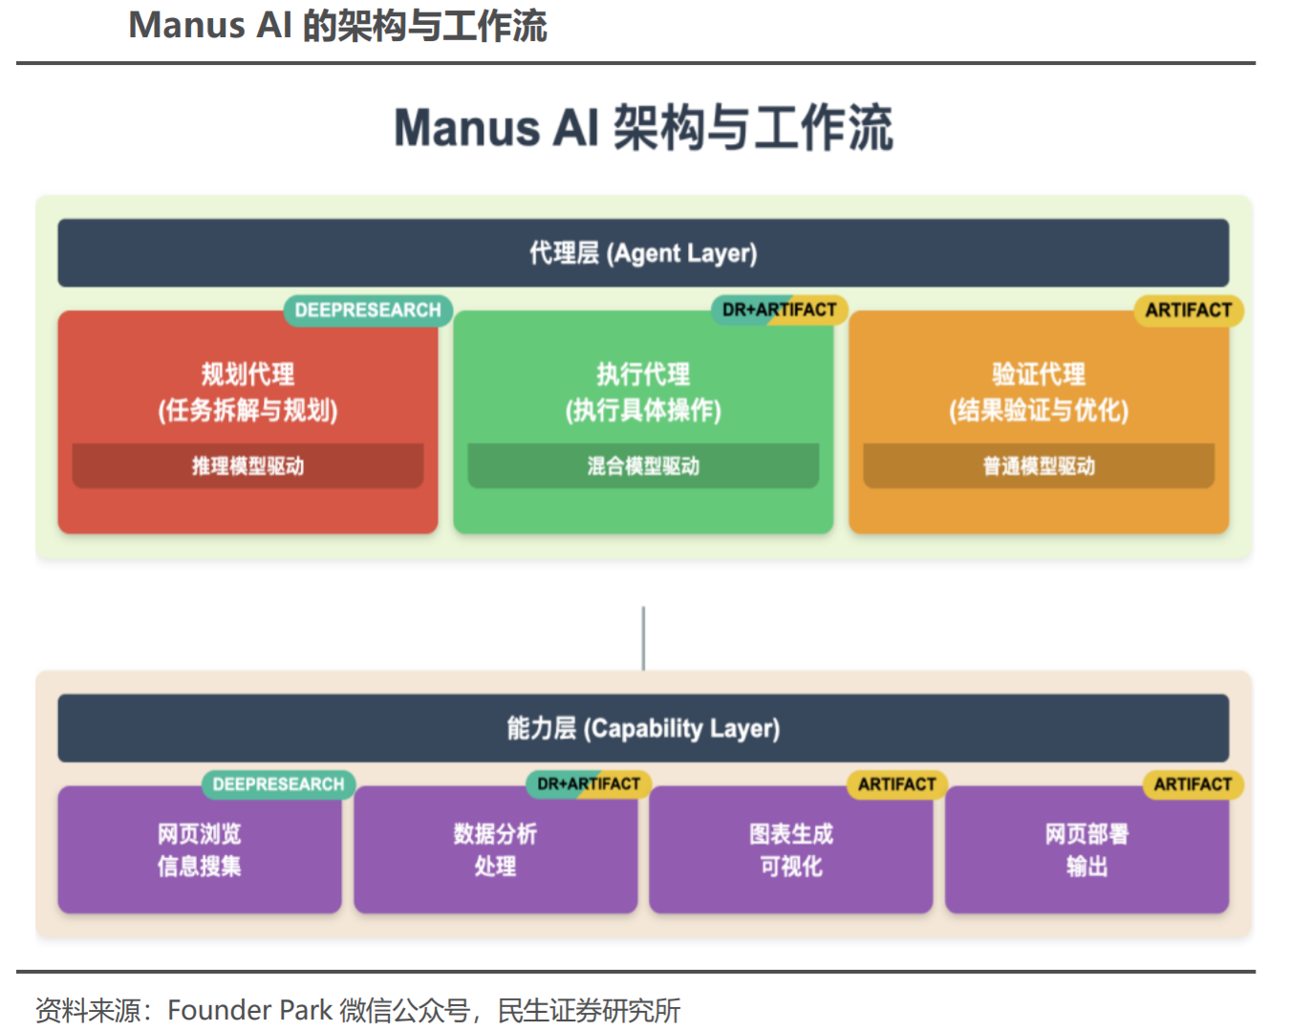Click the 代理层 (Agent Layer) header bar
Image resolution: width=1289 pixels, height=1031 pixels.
(x=643, y=253)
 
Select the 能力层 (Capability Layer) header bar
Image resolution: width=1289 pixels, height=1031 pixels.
(x=643, y=728)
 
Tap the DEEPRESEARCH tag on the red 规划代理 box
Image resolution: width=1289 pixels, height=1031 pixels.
(x=368, y=311)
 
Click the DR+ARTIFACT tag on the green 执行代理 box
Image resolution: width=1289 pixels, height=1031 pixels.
(x=779, y=310)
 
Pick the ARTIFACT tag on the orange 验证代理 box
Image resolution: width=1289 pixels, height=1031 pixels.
(x=1188, y=311)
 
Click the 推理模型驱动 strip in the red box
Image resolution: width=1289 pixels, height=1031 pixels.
(x=247, y=466)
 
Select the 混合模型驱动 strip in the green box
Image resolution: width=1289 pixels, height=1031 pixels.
(x=643, y=466)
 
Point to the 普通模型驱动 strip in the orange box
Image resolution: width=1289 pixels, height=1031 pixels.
(x=1039, y=466)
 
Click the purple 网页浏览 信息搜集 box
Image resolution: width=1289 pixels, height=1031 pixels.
(x=200, y=850)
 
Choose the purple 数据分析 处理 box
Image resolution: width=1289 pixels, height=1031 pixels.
(x=495, y=850)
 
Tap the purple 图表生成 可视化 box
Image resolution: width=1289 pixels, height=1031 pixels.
(x=791, y=850)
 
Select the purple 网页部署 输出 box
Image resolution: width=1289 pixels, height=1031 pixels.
(x=1086, y=850)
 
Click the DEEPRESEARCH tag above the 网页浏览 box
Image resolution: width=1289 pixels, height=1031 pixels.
(x=278, y=784)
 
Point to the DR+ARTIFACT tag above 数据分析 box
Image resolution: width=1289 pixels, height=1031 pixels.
(x=589, y=784)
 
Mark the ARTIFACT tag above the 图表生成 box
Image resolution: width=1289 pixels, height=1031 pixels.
(x=896, y=784)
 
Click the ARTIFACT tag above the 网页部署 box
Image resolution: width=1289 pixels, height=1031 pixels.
(x=1192, y=784)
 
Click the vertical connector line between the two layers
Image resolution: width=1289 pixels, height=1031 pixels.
(x=643, y=637)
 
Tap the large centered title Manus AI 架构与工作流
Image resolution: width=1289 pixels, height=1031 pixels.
(x=643, y=128)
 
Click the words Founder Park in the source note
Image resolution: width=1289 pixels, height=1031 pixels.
(x=249, y=1010)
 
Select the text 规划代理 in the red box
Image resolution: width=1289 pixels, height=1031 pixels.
(x=247, y=374)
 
